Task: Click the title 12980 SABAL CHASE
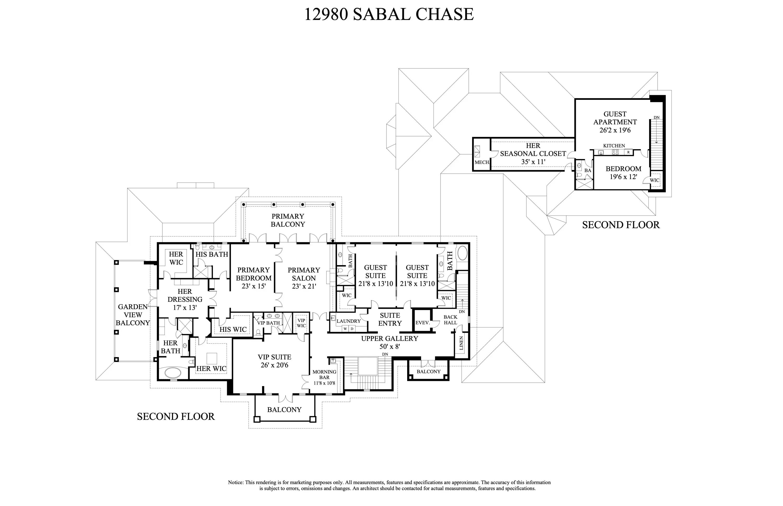[389, 14]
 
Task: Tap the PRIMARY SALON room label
[304, 274]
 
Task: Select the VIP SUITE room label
[274, 357]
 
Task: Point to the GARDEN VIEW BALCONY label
[133, 315]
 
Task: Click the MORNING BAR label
[324, 375]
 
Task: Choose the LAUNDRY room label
[349, 321]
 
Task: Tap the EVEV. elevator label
[423, 323]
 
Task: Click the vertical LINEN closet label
[461, 343]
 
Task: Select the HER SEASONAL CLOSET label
[533, 149]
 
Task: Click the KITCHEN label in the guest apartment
[614, 145]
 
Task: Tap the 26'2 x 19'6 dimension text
[615, 130]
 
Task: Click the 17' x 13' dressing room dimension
[185, 308]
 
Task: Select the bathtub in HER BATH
[174, 373]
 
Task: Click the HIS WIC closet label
[233, 330]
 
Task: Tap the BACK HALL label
[450, 320]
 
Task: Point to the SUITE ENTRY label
[390, 319]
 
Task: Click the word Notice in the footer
[236, 482]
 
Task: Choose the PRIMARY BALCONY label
[288, 220]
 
